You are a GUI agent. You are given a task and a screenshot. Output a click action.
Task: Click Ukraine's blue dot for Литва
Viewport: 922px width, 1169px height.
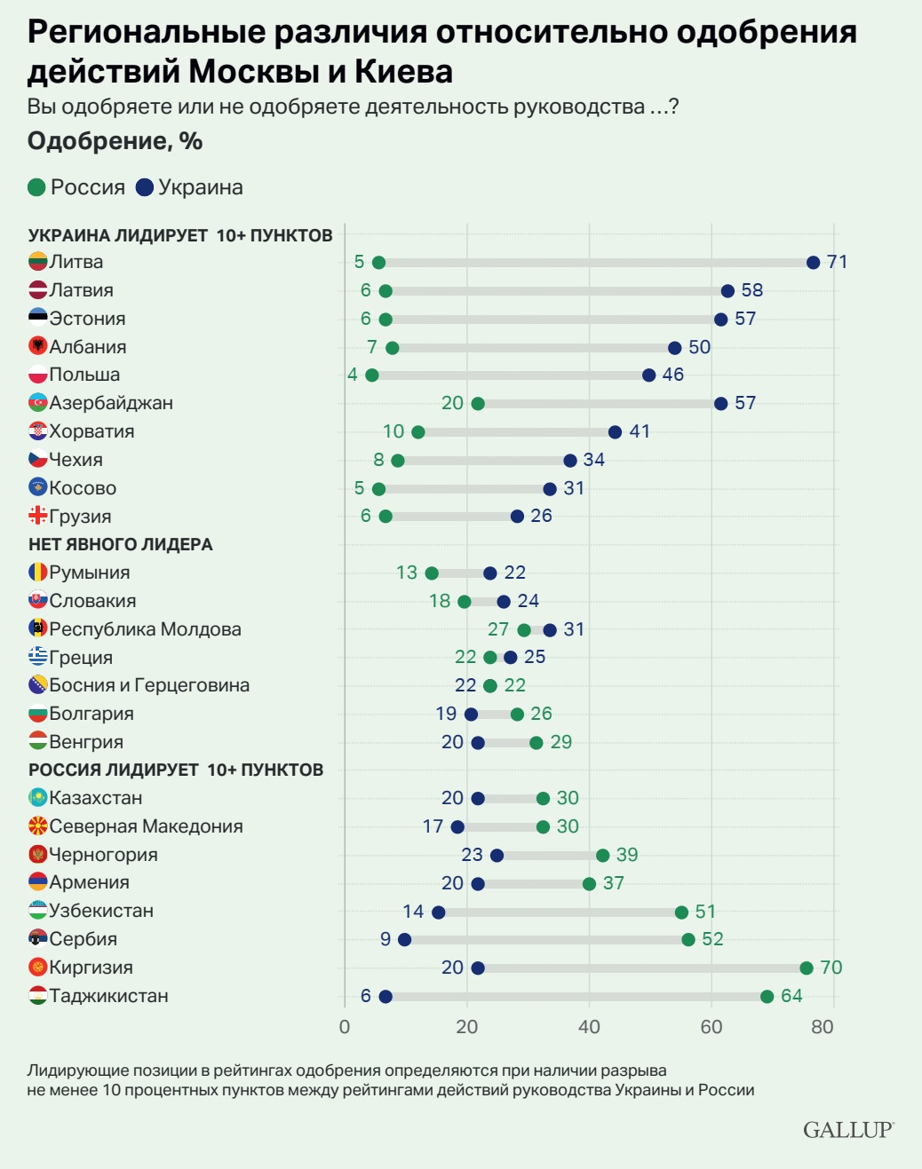813,263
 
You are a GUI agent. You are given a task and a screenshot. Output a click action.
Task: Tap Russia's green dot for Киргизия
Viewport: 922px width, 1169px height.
806,968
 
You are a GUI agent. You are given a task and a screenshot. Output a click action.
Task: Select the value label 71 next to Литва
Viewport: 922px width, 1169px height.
837,262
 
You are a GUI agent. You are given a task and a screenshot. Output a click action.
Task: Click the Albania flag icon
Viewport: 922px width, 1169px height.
37,346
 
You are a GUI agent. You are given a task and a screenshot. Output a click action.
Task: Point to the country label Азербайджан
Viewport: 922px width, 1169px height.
111,403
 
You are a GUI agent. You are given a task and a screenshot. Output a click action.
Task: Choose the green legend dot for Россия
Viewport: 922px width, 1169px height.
36,187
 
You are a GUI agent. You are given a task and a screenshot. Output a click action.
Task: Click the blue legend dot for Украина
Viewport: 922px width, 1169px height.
145,187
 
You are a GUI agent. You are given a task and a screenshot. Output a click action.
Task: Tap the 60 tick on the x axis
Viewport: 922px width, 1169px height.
711,1027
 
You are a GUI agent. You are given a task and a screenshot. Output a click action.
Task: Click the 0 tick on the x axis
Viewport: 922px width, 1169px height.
345,1027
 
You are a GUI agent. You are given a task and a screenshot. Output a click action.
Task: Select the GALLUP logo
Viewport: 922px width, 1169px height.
847,1130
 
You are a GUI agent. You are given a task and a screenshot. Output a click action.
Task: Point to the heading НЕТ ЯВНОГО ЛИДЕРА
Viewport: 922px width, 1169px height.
121,544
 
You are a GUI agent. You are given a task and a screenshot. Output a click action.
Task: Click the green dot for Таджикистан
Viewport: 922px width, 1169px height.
767,997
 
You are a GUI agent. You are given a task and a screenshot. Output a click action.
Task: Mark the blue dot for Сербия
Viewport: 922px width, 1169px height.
404,940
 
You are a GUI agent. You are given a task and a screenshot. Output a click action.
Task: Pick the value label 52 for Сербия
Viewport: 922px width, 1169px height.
712,939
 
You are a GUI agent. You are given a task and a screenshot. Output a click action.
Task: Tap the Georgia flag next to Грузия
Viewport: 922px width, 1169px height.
37,516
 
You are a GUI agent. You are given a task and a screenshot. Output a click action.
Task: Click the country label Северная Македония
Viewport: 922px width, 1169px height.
146,826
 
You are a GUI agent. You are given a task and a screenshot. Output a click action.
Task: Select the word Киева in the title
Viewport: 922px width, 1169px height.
403,71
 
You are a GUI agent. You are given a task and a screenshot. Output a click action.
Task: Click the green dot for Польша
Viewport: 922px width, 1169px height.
371,375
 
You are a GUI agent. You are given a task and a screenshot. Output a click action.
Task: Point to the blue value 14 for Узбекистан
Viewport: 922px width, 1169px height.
413,912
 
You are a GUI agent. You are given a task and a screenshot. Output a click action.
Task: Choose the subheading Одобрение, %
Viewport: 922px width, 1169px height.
115,141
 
